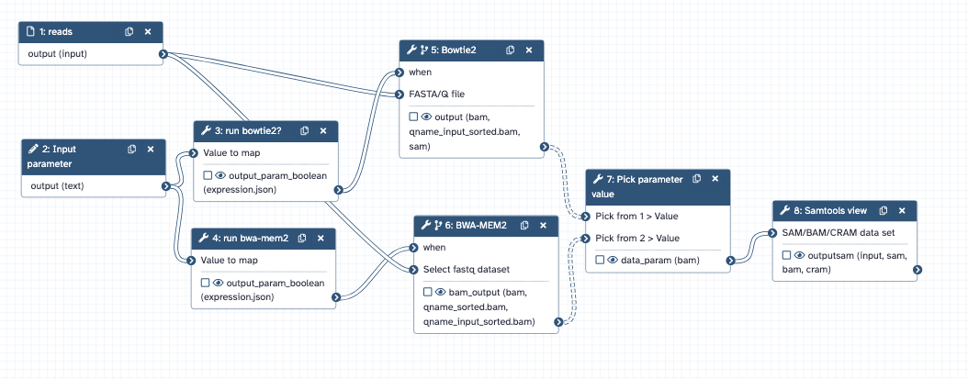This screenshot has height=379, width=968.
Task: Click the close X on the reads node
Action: [x=148, y=31]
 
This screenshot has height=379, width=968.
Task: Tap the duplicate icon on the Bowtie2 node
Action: [x=509, y=50]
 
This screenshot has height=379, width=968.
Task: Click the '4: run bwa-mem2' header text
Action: [x=250, y=238]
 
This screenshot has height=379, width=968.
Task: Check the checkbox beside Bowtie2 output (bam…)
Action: [x=413, y=117]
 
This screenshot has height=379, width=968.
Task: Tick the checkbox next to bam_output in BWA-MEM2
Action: [x=428, y=292]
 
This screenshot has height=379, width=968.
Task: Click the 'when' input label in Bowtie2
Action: [x=421, y=72]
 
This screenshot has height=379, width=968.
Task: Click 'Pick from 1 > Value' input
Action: [x=636, y=216]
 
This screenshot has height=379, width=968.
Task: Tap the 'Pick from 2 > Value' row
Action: [x=636, y=238]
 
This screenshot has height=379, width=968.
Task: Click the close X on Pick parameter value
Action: [x=716, y=178]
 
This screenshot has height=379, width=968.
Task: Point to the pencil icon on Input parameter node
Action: [x=33, y=149]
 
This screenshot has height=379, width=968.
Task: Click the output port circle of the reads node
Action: [x=163, y=54]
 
